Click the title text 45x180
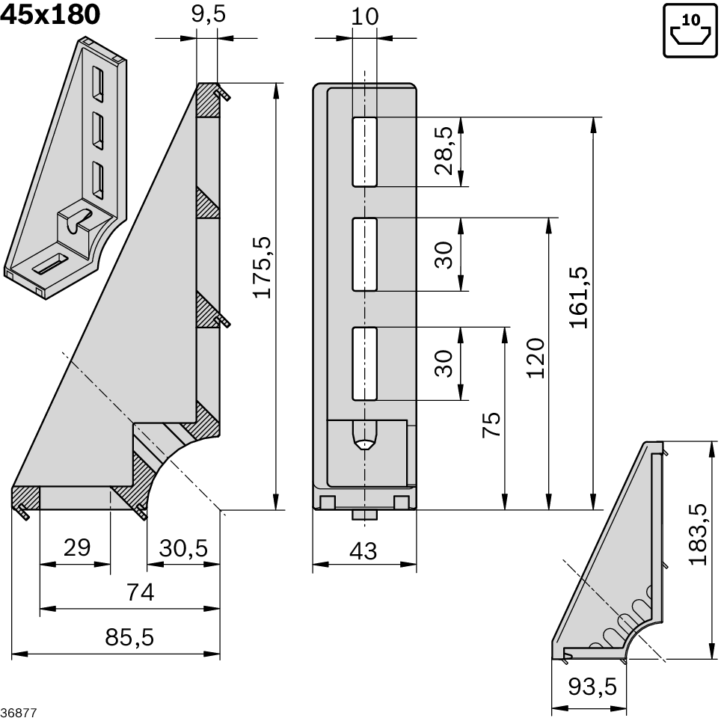click(51, 14)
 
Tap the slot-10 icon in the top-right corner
click(690, 30)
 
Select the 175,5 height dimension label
click(262, 267)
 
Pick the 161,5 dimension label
click(578, 297)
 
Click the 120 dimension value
click(535, 358)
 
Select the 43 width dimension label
click(363, 551)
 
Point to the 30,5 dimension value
click(183, 547)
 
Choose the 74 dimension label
click(140, 592)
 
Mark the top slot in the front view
click(364, 151)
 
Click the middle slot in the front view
click(364, 254)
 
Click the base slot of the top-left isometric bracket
click(50, 263)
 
